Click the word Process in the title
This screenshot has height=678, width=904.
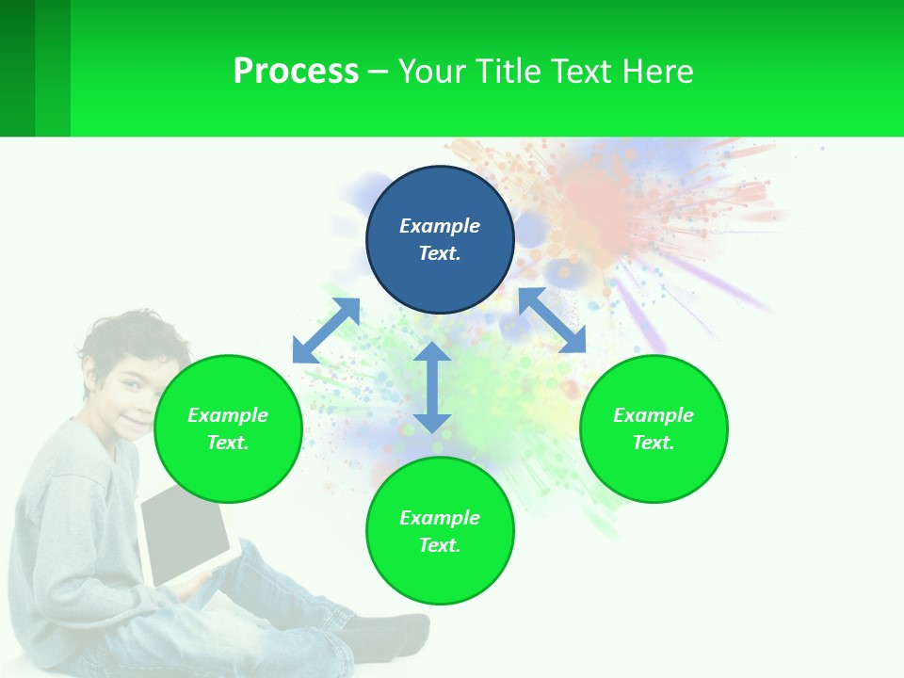pos(296,72)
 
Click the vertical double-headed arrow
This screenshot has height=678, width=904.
pos(432,387)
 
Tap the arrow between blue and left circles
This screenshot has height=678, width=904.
pos(326,331)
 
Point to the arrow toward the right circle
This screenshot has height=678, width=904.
pos(553,320)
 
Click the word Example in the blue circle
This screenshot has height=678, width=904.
pos(440,226)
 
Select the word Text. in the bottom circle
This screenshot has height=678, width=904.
pos(440,545)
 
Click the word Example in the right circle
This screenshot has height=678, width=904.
pos(654,415)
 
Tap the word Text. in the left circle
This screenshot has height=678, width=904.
pos(228,443)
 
